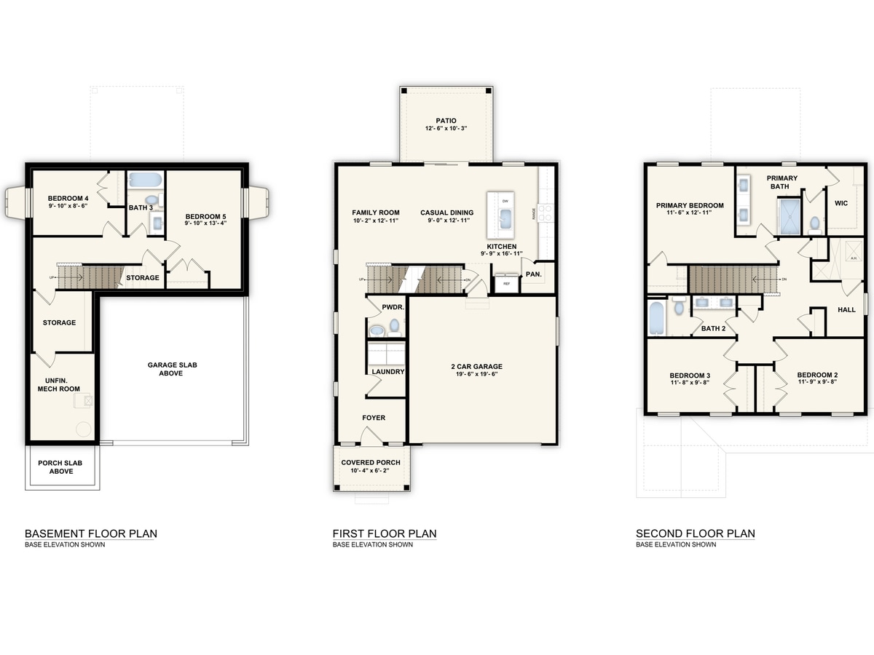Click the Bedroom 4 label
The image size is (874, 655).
(68, 198)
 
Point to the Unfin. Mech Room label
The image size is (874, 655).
(60, 384)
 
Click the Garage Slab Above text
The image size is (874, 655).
(165, 369)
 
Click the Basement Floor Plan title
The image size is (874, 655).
(91, 533)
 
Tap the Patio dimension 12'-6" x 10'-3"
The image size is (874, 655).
(445, 128)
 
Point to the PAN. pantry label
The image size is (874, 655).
(533, 274)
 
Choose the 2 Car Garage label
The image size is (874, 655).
(476, 367)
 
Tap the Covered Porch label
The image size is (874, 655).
(371, 463)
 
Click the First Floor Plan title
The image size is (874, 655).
(385, 533)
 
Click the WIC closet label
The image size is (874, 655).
(841, 203)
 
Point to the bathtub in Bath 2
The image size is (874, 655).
(655, 317)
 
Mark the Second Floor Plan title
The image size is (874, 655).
(695, 533)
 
